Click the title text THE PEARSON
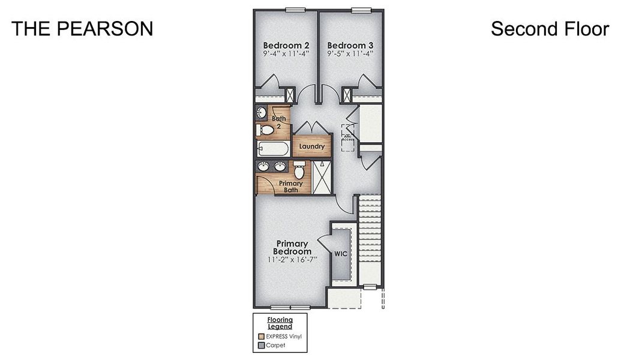(x=82, y=28)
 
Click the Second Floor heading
(x=550, y=28)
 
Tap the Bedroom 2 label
(x=286, y=45)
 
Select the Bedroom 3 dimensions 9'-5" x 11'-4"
(x=350, y=53)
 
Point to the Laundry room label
(x=312, y=146)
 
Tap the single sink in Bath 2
(x=262, y=112)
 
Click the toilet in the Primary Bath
(x=299, y=170)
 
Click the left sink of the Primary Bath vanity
(x=264, y=166)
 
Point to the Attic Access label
(x=347, y=137)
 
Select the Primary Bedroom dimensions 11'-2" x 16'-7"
(x=292, y=260)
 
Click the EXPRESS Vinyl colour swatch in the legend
(x=261, y=337)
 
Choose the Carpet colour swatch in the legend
(x=261, y=346)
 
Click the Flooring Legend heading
(x=280, y=323)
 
